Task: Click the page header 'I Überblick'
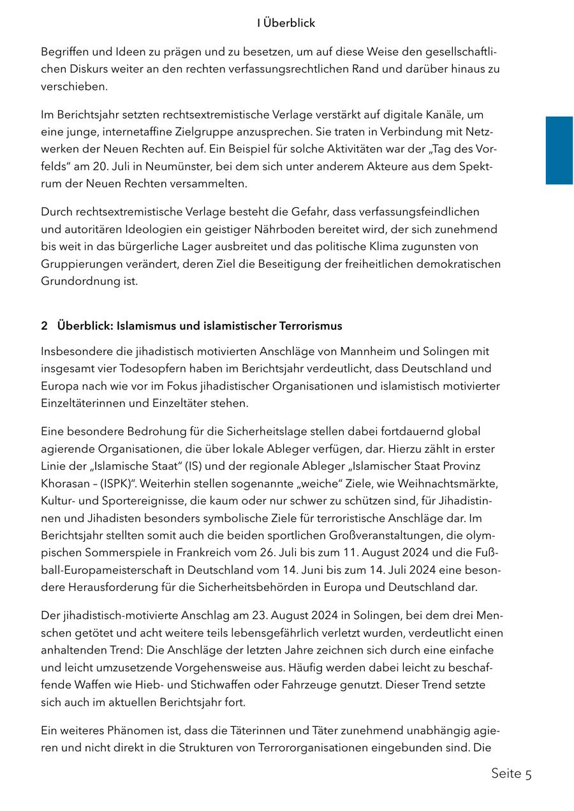tap(286, 23)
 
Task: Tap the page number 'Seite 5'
tap(511, 774)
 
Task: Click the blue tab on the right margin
tap(559, 150)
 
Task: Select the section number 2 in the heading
tap(44, 326)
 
